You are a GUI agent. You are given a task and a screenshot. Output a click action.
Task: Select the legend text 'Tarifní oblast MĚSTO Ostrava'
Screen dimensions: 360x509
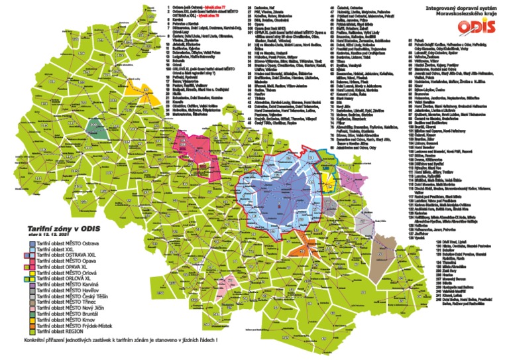coord(66,245)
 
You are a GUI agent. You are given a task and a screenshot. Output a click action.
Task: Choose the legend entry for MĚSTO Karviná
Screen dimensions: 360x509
coord(65,285)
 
